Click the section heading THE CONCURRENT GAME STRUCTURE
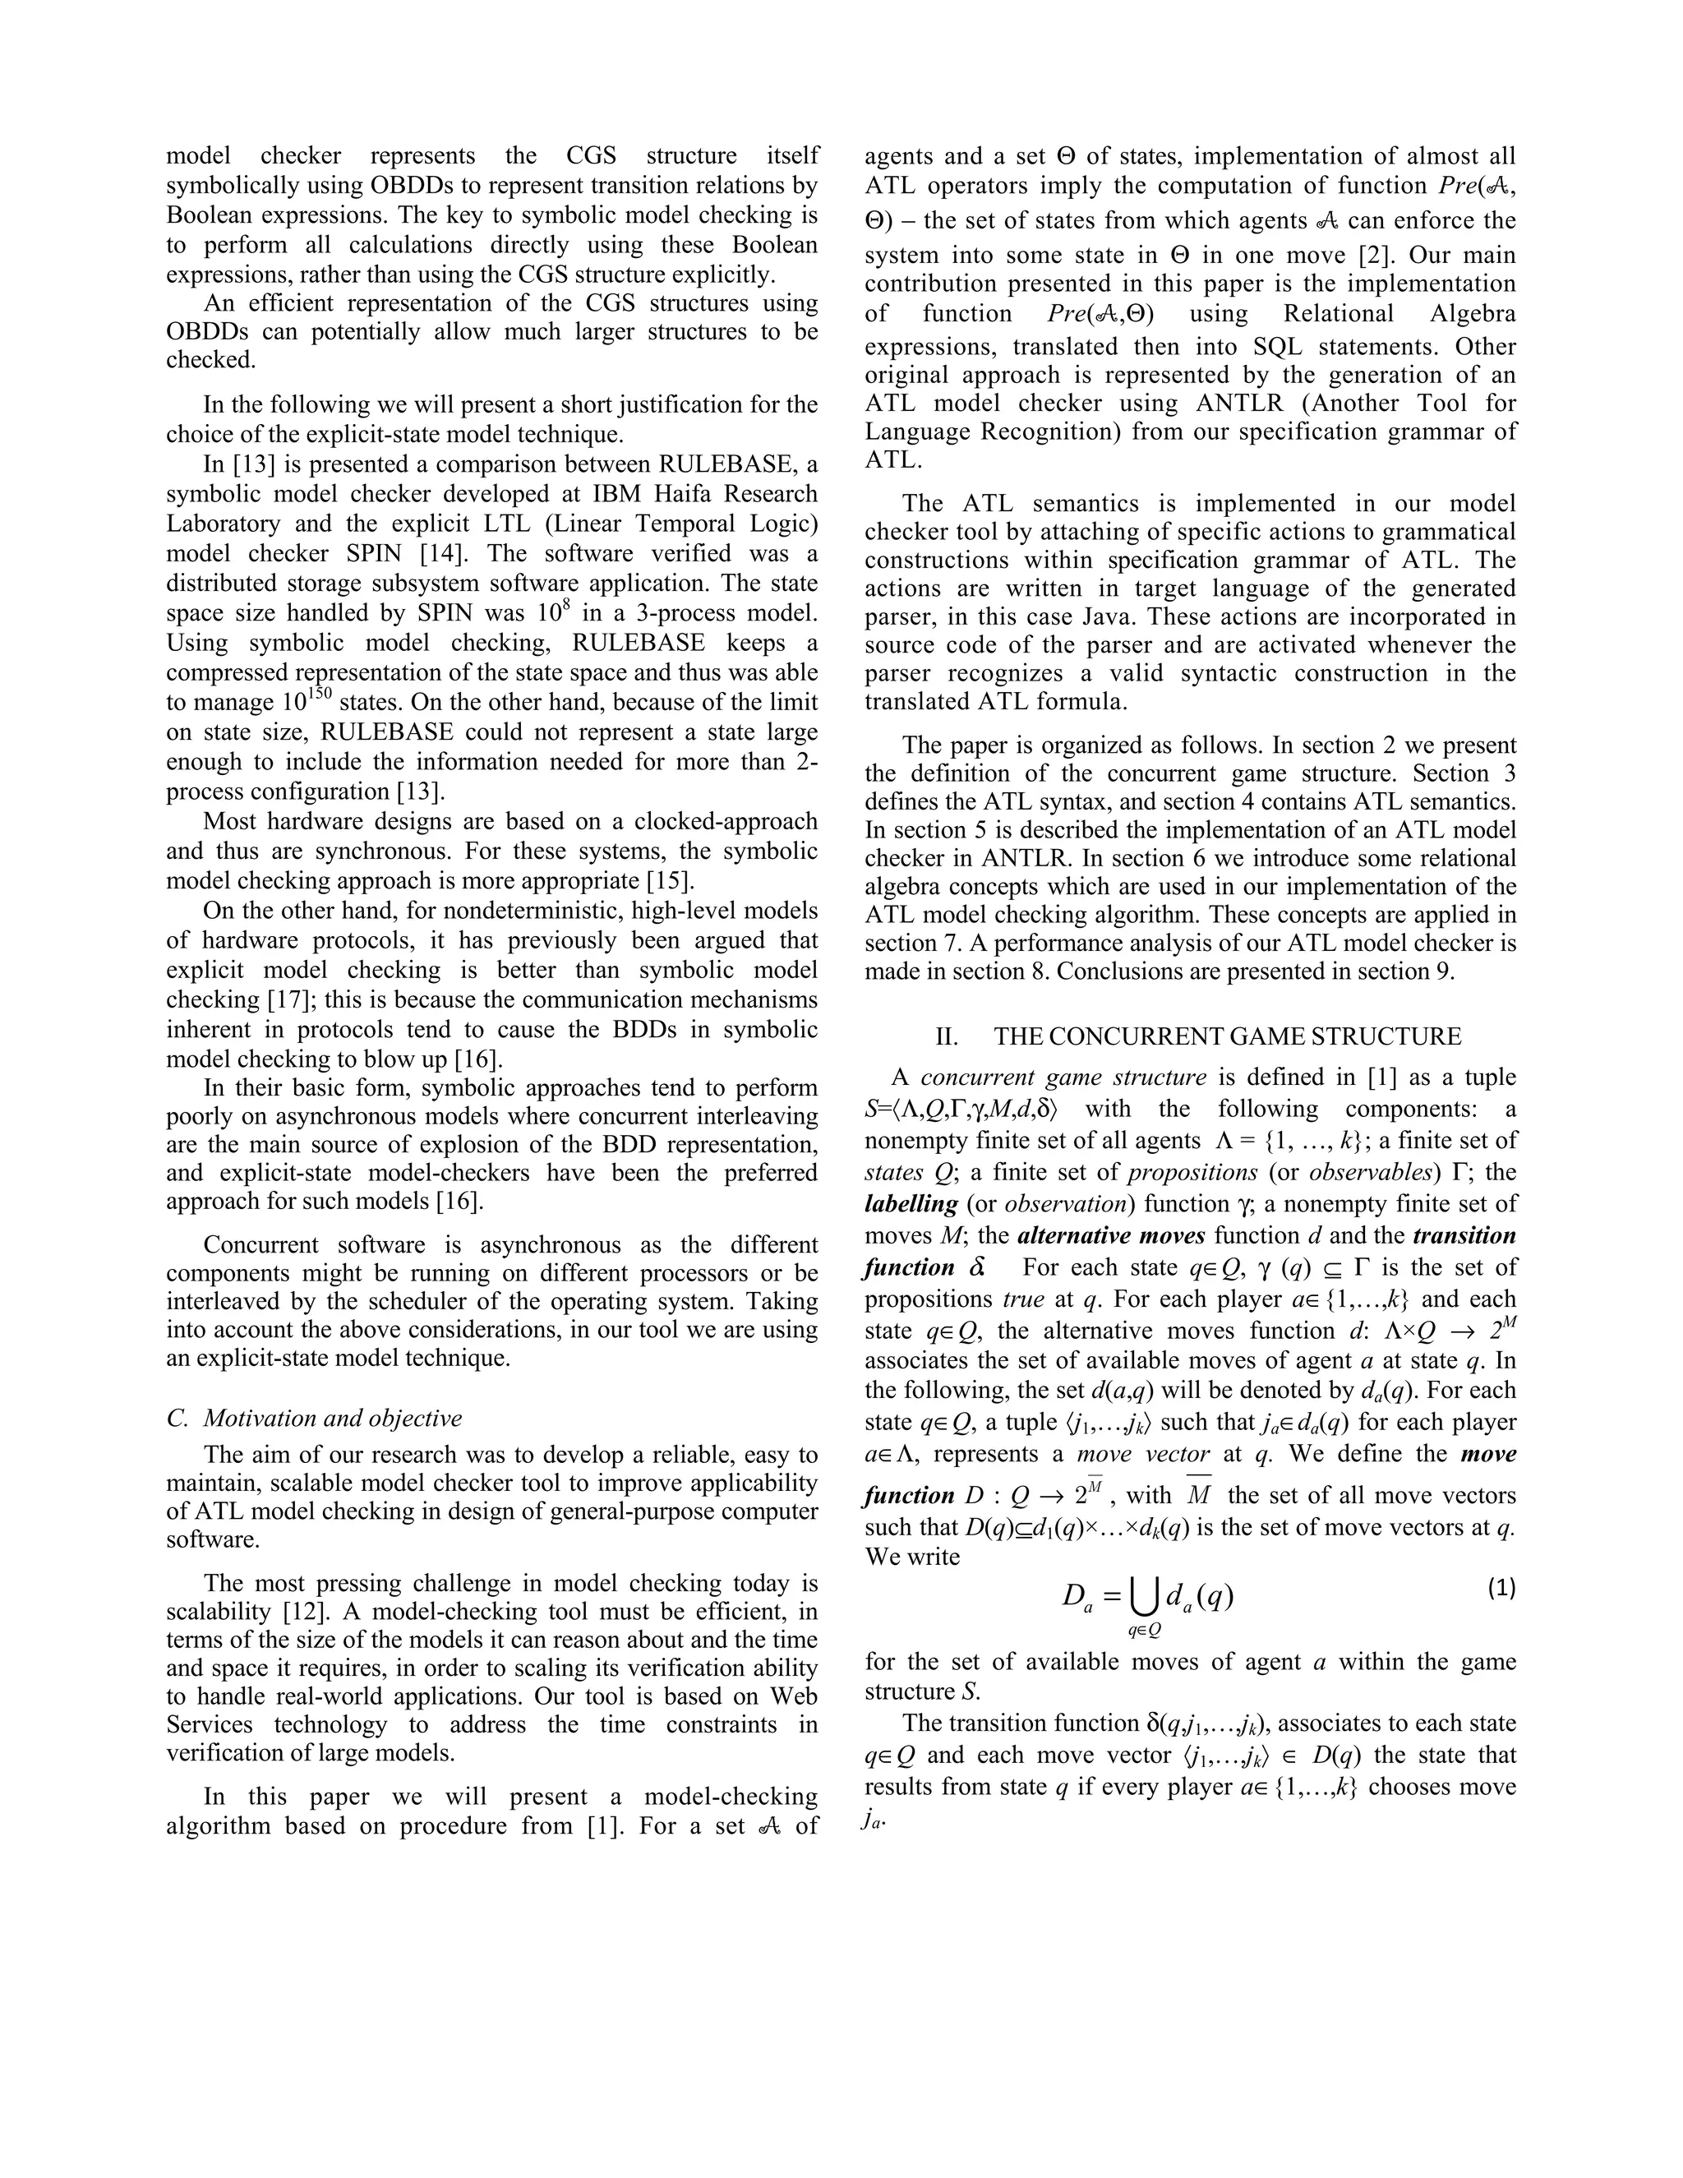click(x=1228, y=1037)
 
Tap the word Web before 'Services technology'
click(x=795, y=1696)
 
